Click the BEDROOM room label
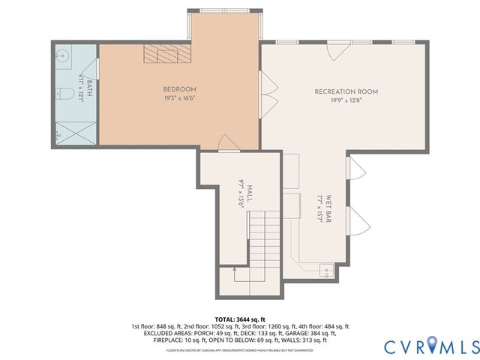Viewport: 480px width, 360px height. pos(179,88)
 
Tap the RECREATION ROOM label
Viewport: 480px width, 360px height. pos(346,91)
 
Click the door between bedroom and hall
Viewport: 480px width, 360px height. pos(225,142)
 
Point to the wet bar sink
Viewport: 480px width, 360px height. pos(326,270)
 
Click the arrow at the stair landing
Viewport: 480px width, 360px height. pos(235,268)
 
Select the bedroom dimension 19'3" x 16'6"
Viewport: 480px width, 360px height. pos(179,98)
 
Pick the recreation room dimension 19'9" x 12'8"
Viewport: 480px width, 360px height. pos(346,102)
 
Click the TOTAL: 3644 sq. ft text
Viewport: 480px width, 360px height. pos(240,319)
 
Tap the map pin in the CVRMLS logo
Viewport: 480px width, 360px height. pos(436,346)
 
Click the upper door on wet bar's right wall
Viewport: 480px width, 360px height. pos(354,171)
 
